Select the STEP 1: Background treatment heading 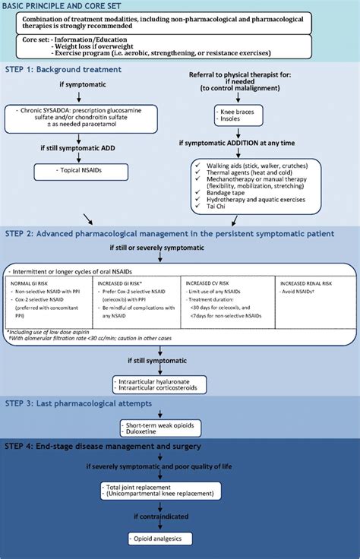pyautogui.click(x=76, y=69)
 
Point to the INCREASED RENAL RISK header pyautogui.click(x=305, y=281)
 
